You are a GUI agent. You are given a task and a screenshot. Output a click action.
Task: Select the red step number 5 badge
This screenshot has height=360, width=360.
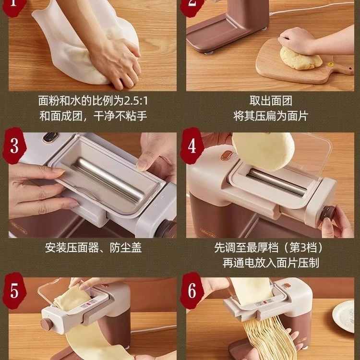tap(14, 291)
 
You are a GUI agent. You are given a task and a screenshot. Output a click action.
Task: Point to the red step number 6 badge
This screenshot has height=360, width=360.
tap(192, 291)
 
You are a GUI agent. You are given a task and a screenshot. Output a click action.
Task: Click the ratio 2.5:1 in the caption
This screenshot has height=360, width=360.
tap(136, 101)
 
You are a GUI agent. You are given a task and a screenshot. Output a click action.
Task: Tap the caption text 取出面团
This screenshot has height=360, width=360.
tap(271, 101)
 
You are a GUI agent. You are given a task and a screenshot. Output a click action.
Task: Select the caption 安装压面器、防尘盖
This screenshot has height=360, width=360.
tap(93, 248)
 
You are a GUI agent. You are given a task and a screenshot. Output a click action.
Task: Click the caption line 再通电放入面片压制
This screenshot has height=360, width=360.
tap(271, 263)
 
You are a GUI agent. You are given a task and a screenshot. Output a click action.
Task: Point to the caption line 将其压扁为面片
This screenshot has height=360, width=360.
tap(271, 116)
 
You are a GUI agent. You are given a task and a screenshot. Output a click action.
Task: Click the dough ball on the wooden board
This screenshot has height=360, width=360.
tap(300, 58)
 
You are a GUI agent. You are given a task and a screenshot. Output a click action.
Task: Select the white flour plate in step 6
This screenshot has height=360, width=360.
tap(344, 316)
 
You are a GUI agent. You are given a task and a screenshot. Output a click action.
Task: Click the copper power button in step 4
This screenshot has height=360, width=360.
tap(226, 155)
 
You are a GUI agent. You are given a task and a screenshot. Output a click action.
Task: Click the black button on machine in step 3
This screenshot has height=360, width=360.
tap(50, 137)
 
